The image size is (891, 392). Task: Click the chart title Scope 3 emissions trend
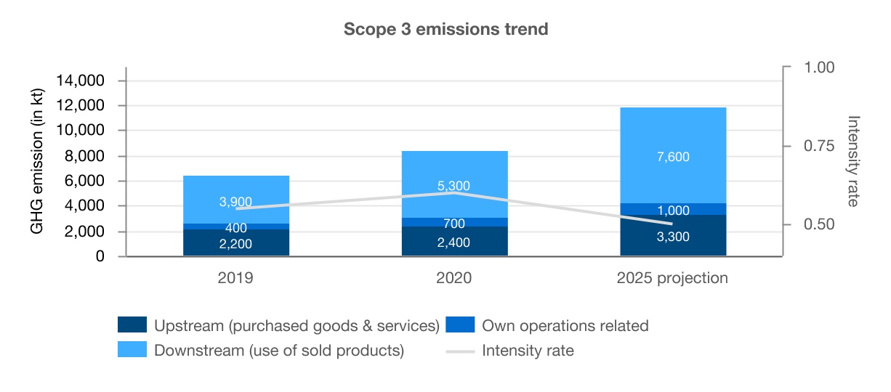click(445, 30)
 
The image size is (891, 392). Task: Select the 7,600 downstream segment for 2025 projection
click(673, 156)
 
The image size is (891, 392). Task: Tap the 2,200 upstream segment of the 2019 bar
click(236, 244)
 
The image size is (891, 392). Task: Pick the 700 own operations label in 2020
click(454, 223)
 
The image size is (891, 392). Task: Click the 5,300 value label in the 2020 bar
click(454, 187)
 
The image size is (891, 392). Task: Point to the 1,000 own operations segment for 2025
click(673, 210)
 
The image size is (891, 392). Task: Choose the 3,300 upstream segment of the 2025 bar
click(673, 236)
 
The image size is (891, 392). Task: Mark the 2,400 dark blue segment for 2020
click(454, 242)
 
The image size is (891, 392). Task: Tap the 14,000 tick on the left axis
click(80, 81)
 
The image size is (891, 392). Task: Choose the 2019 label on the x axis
click(236, 278)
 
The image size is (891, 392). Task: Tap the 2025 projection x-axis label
click(673, 278)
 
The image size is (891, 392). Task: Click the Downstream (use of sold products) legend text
click(279, 351)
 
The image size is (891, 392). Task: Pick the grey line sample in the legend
click(460, 351)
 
